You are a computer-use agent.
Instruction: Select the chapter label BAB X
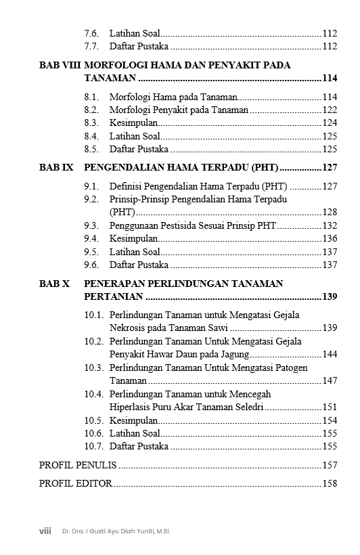click(54, 284)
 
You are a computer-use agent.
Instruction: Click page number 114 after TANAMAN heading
click(329, 79)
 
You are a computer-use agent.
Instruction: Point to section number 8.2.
click(92, 110)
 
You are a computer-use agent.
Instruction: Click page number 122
click(330, 110)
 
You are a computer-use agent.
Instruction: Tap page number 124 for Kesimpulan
click(330, 123)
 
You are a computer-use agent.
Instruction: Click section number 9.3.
click(92, 225)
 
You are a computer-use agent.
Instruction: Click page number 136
click(330, 238)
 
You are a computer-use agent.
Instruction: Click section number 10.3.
click(94, 368)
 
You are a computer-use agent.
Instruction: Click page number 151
click(330, 407)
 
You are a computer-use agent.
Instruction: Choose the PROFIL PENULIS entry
click(78, 465)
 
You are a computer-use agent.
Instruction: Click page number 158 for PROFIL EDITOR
click(330, 483)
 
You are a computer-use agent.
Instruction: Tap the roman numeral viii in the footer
click(45, 531)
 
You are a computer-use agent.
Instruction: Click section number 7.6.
click(92, 33)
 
